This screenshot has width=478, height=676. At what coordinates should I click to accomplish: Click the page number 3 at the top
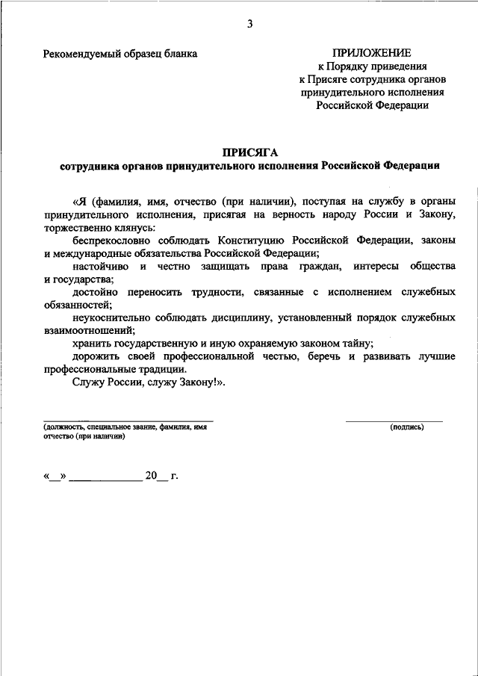[x=250, y=24]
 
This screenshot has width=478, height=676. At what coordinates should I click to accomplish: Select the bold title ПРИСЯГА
[x=249, y=152]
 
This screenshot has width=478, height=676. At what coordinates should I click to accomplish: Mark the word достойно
[x=95, y=291]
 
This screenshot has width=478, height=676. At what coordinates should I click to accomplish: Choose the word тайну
[x=356, y=343]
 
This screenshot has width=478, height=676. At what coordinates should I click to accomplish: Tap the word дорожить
[x=95, y=356]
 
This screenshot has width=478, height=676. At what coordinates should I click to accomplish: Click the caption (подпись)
[x=406, y=427]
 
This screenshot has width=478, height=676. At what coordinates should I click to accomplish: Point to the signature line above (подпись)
[x=394, y=421]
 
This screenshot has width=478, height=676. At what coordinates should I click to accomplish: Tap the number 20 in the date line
[x=153, y=474]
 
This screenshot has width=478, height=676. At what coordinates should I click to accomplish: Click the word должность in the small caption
[x=63, y=427]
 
